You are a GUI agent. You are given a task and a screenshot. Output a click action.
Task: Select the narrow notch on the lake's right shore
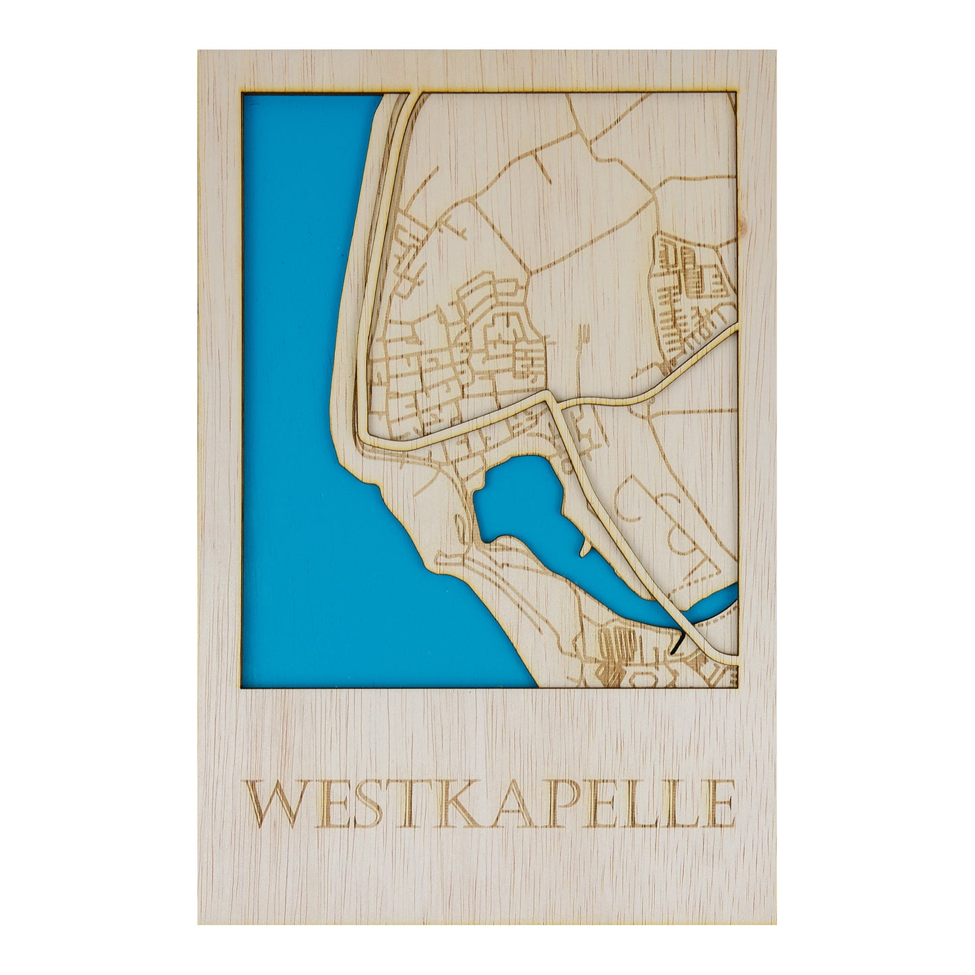point(582,543)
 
